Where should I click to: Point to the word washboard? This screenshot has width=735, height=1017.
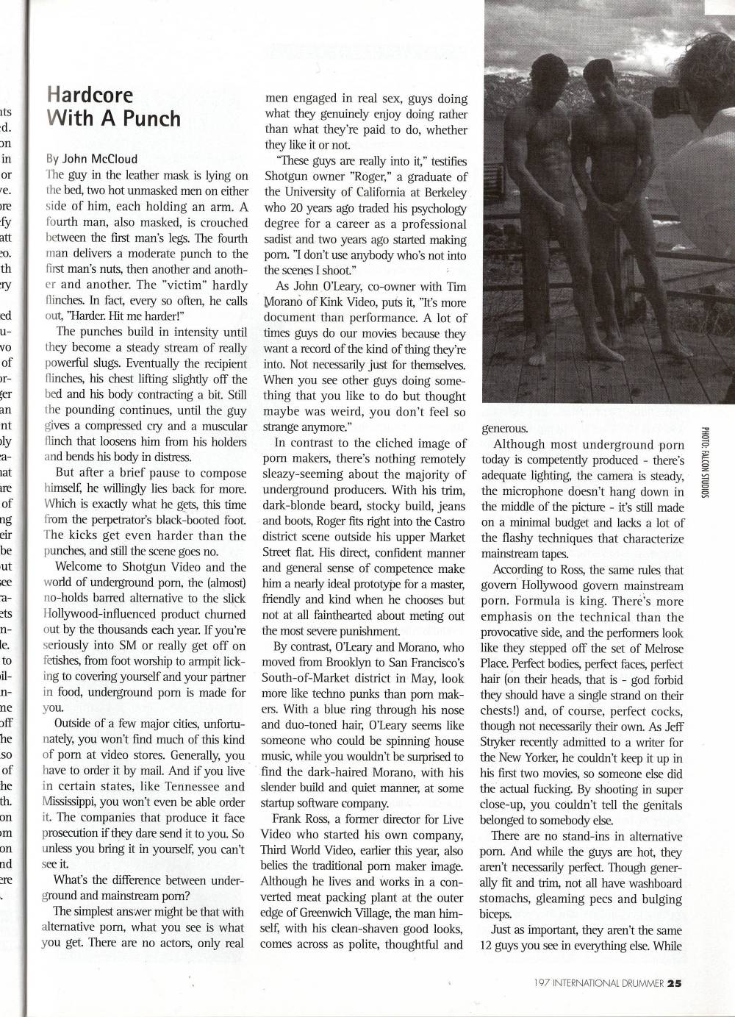pos(648,883)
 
